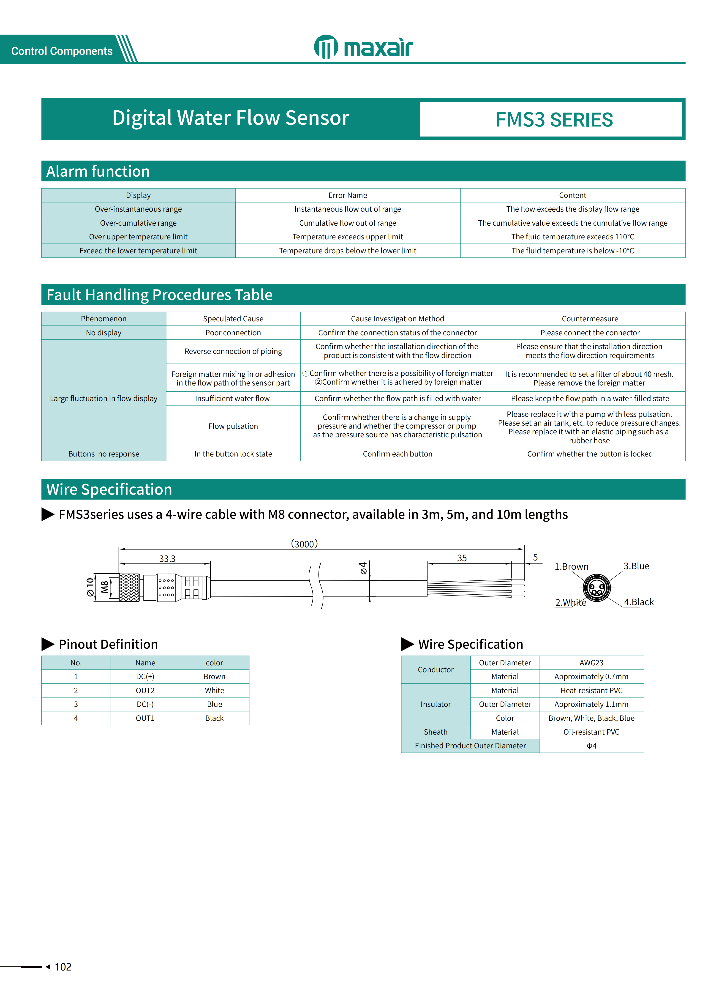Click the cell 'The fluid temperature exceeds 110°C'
point(572,237)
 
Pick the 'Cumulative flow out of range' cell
point(347,223)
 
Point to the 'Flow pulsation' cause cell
point(233,426)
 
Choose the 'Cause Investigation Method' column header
point(397,319)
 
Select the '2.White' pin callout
point(570,602)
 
